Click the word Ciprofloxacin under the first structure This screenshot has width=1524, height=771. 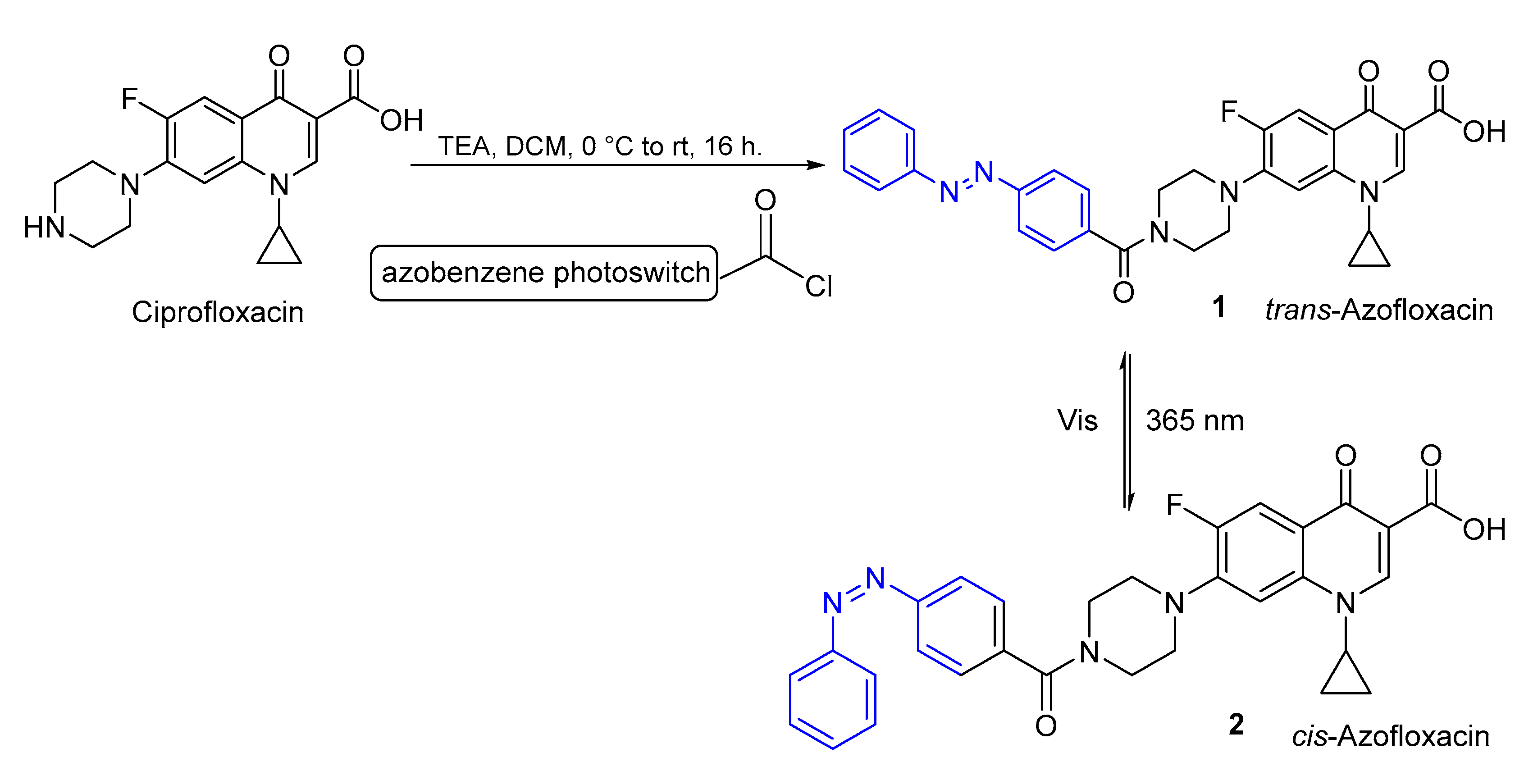coord(217,312)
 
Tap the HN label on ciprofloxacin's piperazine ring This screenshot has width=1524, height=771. coord(44,228)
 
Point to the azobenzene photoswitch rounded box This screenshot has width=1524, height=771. coord(544,273)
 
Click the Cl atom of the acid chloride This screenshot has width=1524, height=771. coord(819,287)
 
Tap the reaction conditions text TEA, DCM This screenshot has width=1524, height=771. coord(599,146)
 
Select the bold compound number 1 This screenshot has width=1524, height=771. coord(1219,307)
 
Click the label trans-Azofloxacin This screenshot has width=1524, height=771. coord(1378,310)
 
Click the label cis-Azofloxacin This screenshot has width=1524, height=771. coord(1390,737)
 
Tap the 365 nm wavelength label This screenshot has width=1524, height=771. coord(1195,421)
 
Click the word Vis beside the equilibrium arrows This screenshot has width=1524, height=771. coord(1077,421)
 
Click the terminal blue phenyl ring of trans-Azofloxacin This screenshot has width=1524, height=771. coord(879,150)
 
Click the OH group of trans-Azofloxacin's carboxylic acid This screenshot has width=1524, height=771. coord(1484,132)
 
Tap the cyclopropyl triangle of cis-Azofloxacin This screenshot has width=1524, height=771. coord(1346,679)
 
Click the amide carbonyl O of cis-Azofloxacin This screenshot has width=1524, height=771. coord(1046,726)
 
